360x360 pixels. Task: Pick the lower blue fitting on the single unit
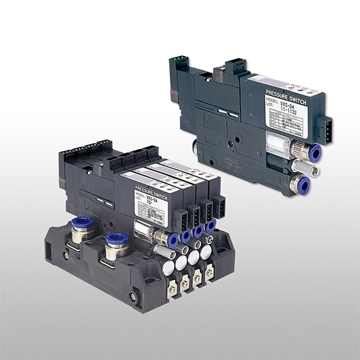pyautogui.click(x=297, y=184)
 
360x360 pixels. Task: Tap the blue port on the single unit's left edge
pyautogui.click(x=197, y=146)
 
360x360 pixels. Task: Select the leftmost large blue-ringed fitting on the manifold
pyautogui.click(x=82, y=225)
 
